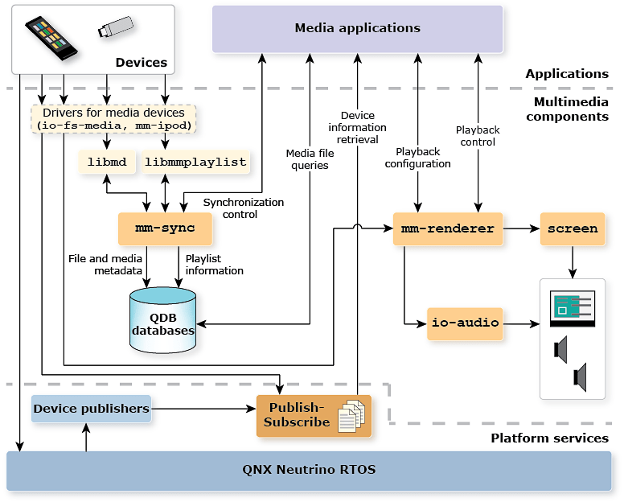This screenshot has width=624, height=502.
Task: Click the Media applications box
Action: coord(357,29)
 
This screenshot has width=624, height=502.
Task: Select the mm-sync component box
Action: coord(166,228)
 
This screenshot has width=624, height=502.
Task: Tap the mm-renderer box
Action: coord(447,228)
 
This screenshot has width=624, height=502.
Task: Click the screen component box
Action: coord(573,228)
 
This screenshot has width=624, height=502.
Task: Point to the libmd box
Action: coord(107,162)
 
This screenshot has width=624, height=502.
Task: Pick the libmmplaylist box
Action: coord(195,162)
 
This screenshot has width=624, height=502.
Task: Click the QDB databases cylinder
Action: coord(163,322)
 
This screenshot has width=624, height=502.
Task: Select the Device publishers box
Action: coord(91,409)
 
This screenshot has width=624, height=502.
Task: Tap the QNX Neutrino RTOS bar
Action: coord(309,470)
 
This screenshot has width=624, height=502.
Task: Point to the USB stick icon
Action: coord(116,27)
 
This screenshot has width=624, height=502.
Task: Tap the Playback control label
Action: coord(478,136)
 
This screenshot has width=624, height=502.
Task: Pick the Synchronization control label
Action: coord(243,208)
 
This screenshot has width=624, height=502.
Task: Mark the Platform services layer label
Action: coord(549,438)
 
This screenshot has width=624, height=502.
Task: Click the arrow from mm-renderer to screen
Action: coord(521,228)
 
